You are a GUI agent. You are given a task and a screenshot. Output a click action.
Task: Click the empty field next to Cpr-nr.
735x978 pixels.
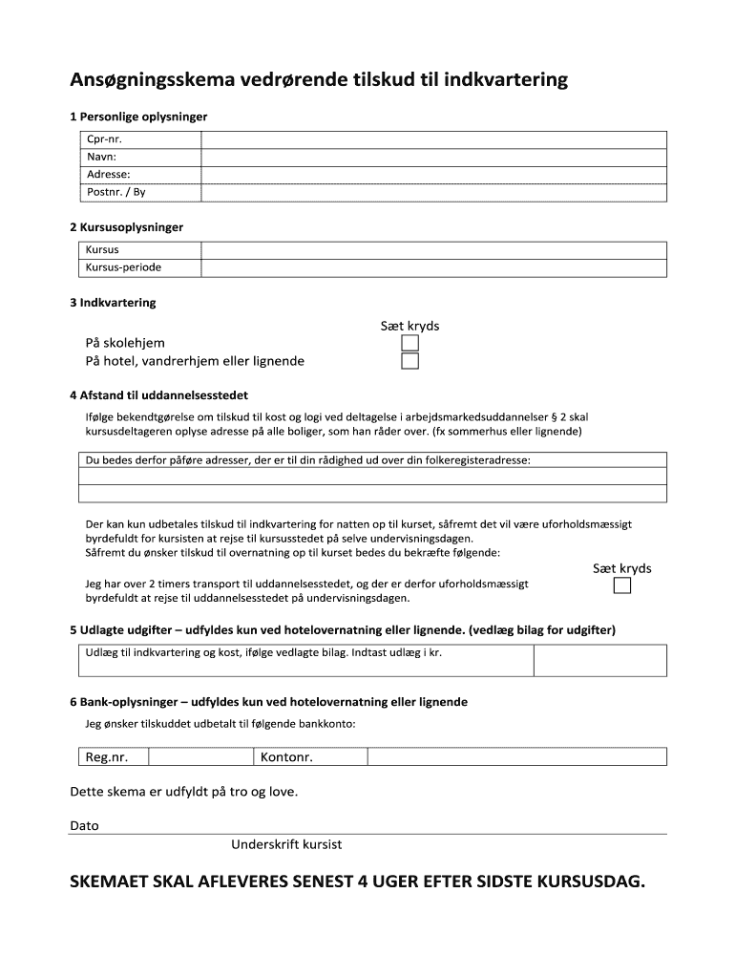click(x=433, y=139)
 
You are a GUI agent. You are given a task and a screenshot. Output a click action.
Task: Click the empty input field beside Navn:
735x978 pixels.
click(x=433, y=157)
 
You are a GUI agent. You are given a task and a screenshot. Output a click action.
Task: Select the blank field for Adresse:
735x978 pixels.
click(x=433, y=174)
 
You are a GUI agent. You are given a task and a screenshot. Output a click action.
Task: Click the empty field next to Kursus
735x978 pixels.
click(x=433, y=250)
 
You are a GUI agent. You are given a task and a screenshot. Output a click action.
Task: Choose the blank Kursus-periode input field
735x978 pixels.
click(x=433, y=267)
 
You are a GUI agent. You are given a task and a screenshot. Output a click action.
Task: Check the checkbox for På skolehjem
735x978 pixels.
click(x=409, y=343)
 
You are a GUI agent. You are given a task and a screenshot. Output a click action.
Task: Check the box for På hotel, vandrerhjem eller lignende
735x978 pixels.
click(x=409, y=361)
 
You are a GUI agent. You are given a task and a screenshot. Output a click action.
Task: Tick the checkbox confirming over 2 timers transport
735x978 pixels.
click(x=621, y=586)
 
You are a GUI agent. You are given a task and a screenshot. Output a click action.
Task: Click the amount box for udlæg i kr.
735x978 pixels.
click(x=599, y=660)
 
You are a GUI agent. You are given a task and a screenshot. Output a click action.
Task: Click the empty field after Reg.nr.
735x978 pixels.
click(x=200, y=757)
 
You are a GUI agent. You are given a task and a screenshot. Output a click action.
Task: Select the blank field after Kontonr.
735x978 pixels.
click(x=516, y=757)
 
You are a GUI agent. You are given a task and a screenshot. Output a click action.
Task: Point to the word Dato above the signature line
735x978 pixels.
click(x=84, y=825)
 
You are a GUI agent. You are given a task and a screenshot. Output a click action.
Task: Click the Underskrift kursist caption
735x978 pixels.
click(x=286, y=845)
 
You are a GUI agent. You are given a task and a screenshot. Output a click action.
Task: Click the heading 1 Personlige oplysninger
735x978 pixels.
click(x=138, y=117)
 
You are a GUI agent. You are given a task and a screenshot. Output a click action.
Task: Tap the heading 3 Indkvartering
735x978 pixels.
click(x=113, y=303)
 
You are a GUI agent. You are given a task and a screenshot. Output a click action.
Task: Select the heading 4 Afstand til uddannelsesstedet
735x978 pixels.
click(x=159, y=394)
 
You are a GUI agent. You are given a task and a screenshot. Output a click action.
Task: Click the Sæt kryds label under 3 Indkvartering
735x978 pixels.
click(x=409, y=326)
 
